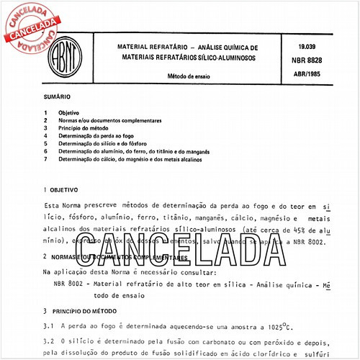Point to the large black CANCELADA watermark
tap(184, 244)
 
